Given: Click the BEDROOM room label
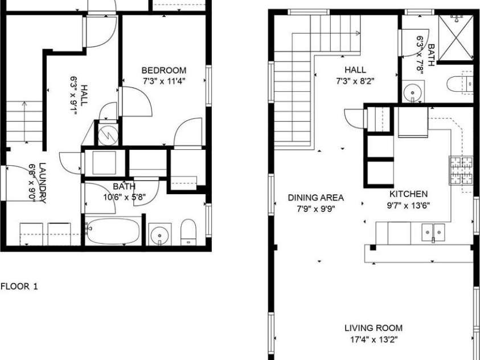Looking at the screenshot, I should coord(163,70).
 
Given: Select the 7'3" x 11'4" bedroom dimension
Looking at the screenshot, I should coord(163,81).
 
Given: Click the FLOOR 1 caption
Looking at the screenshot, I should coord(19,286).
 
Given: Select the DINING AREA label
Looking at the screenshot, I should coord(315,198).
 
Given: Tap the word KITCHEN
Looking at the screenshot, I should coord(408,194).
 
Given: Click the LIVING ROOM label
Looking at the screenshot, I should coord(373,328).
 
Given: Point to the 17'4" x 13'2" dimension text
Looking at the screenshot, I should coord(373,340).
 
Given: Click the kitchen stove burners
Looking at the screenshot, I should coord(461,170).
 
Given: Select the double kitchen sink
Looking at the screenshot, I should coord(433,232).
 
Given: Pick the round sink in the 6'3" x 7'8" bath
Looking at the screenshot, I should coord(411,92).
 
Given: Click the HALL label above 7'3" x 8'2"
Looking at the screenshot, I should coord(355,69).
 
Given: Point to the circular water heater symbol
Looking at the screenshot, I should coord(106,134).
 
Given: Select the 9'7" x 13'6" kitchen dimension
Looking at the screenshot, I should coord(408,204).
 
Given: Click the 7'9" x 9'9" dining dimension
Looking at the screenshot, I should coord(315,208).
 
